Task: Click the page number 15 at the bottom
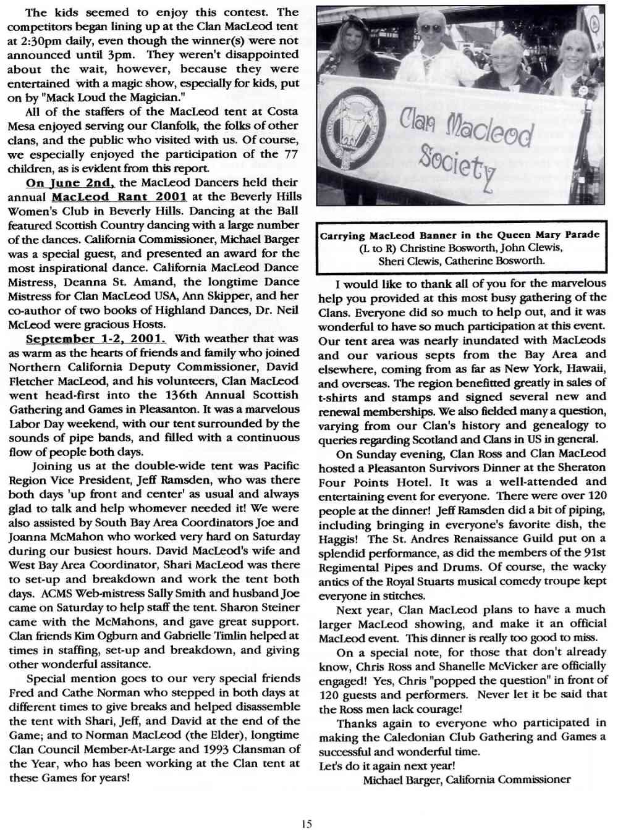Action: click(x=307, y=823)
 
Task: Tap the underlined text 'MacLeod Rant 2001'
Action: click(x=119, y=197)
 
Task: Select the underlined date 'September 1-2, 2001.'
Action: click(x=96, y=339)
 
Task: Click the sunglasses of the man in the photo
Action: click(x=431, y=28)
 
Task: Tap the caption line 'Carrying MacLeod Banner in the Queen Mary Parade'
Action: click(x=459, y=235)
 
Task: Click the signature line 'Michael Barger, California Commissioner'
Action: click(x=467, y=780)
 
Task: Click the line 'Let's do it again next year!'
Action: click(x=386, y=766)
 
